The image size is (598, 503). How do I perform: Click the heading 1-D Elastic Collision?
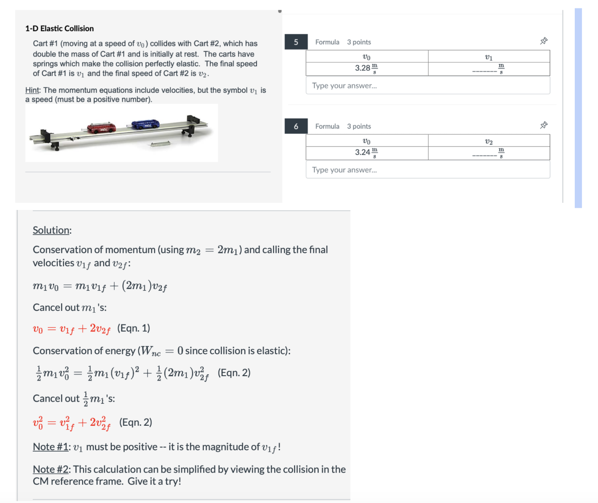(x=59, y=29)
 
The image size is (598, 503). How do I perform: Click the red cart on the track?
(x=101, y=128)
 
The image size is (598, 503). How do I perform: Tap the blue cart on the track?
(x=145, y=124)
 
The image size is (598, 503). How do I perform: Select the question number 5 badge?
(x=296, y=42)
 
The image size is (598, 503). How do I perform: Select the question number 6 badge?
(x=296, y=126)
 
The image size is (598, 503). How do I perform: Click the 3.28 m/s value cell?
(x=366, y=69)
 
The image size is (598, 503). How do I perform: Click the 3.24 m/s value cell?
(x=366, y=153)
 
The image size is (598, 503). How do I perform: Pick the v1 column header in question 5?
(x=489, y=57)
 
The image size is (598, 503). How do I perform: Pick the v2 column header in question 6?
(x=489, y=141)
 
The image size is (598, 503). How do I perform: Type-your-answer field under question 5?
(x=428, y=86)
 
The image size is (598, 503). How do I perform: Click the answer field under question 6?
(x=428, y=170)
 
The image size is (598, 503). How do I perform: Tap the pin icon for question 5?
(x=543, y=41)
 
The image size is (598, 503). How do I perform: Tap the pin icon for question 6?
(x=543, y=125)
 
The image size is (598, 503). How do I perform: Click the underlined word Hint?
(x=32, y=90)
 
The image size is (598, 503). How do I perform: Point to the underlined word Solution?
(x=51, y=230)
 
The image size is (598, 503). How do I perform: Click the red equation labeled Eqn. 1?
(x=72, y=329)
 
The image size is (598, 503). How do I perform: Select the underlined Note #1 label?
(x=51, y=447)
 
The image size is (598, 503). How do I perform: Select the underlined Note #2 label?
(x=51, y=469)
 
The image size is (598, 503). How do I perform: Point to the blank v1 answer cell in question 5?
(x=489, y=69)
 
